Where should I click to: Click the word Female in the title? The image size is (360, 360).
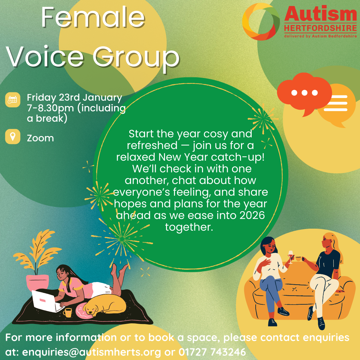point(93,18)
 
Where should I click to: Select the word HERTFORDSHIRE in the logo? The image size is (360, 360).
point(321,28)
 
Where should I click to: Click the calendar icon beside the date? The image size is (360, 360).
point(13,100)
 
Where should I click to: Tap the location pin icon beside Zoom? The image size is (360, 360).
point(13,137)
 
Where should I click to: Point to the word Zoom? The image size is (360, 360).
point(40,138)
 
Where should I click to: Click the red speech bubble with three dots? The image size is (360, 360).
point(304,94)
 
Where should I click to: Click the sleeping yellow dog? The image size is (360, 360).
point(104,305)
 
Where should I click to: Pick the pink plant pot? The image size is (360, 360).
point(37,282)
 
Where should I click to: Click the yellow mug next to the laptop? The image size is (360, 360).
point(67,312)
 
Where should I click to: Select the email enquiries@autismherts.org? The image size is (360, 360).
point(91,352)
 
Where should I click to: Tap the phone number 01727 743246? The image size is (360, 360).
point(212,352)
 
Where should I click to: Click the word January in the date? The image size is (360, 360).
point(102,98)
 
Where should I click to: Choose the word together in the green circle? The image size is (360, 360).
point(189,227)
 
